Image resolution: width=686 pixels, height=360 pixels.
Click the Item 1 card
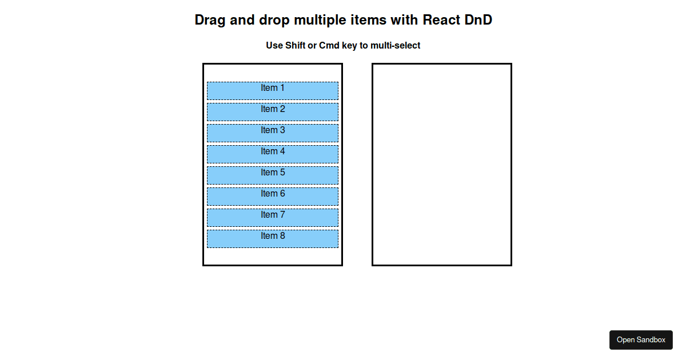[273, 91]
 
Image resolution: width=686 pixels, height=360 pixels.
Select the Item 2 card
[273, 112]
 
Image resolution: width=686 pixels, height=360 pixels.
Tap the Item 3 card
[273, 133]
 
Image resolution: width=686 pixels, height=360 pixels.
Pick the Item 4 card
[273, 154]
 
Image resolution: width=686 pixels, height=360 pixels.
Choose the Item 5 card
[273, 175]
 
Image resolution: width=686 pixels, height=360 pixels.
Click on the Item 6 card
[273, 197]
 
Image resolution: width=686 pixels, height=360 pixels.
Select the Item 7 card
[273, 218]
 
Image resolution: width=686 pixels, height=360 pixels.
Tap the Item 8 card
[273, 239]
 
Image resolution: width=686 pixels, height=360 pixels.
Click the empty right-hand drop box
[441, 165]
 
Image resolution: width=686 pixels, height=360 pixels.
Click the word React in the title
[442, 20]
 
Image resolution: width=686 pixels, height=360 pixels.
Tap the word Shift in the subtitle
[295, 46]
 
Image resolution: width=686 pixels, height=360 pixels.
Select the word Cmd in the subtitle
[329, 46]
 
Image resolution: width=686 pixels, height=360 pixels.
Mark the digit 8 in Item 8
[281, 236]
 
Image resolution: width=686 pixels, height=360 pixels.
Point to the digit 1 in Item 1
[281, 88]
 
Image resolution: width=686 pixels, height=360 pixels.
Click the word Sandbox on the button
[652, 340]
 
